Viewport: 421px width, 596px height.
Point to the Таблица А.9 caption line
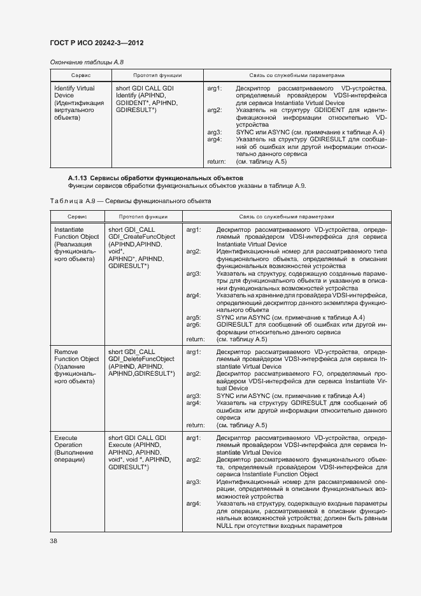coord(130,201)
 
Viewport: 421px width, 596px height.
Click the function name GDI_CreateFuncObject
coord(141,237)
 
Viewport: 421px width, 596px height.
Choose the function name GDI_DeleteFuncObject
coord(141,358)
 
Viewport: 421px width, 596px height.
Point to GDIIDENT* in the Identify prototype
coord(131,103)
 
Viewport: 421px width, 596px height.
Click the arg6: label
coord(194,325)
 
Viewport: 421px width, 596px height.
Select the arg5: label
coord(194,317)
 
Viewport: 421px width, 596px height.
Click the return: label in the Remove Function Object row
coord(195,425)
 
